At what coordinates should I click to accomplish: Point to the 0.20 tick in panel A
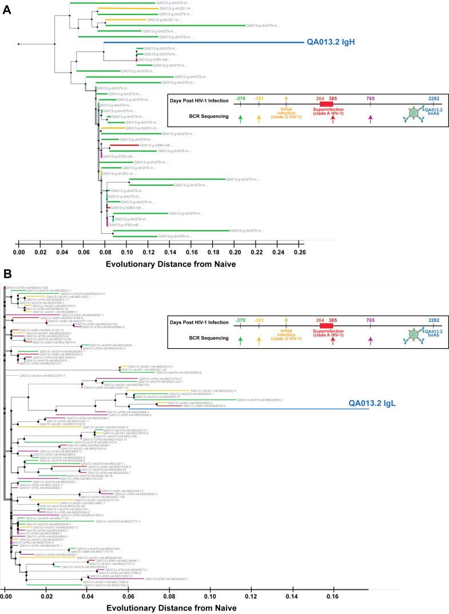point(235,251)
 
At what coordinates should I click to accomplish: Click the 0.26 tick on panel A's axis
point(299,251)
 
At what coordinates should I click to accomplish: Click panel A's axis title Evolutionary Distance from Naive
point(162,264)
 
